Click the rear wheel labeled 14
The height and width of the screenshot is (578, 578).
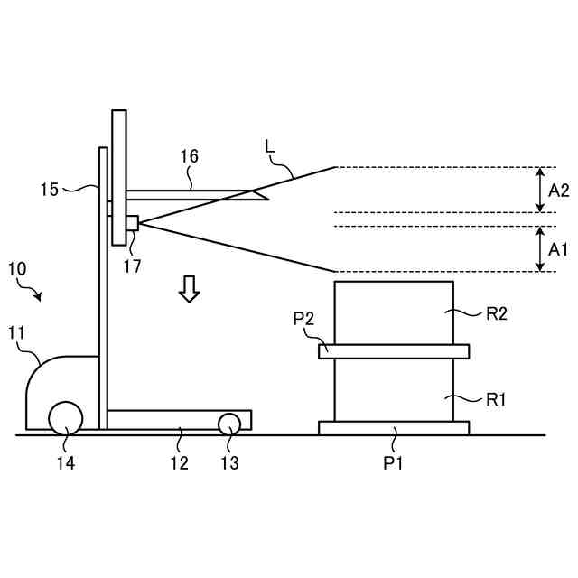point(65,419)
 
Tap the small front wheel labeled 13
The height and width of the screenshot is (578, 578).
point(229,423)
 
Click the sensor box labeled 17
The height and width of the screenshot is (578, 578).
point(132,222)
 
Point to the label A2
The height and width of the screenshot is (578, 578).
point(558,191)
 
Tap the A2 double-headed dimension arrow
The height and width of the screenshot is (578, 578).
point(540,190)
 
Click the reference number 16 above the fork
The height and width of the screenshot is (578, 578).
point(189,156)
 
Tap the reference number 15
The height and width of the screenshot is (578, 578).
point(50,190)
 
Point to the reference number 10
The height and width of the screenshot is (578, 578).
point(17,268)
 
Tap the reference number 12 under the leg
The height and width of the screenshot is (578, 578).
point(180,462)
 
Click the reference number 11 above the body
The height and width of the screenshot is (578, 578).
point(17,333)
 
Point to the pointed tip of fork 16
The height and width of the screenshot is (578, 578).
point(267,198)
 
